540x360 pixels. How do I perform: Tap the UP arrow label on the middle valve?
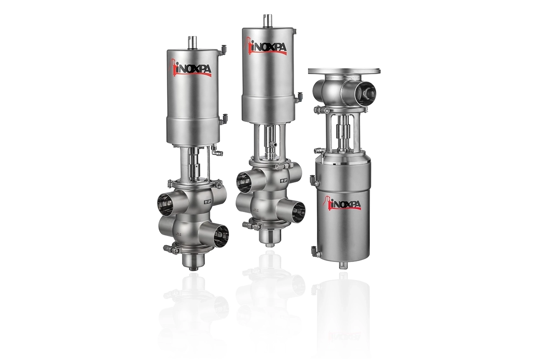(x=284, y=180)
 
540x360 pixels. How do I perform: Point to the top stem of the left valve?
(x=192, y=42)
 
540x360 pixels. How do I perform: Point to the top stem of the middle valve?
(x=268, y=21)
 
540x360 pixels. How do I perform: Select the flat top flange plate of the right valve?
(x=344, y=71)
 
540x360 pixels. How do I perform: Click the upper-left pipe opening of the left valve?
(x=166, y=203)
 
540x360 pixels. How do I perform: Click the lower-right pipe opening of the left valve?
(x=221, y=236)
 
